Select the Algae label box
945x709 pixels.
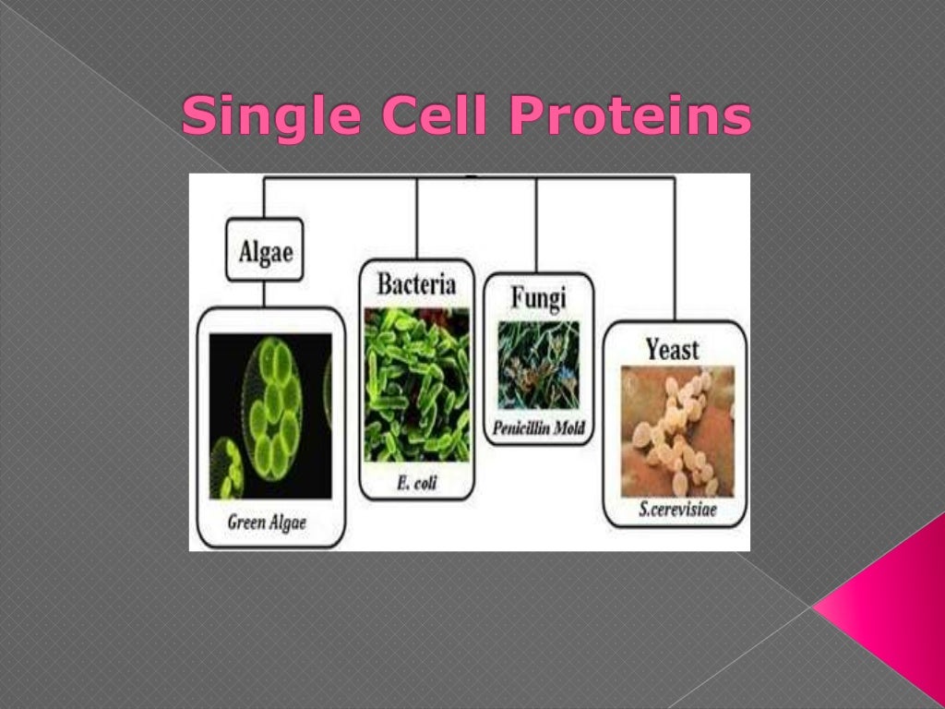pyautogui.click(x=264, y=250)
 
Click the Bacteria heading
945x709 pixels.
pyautogui.click(x=416, y=284)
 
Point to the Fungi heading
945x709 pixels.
pyautogui.click(x=538, y=298)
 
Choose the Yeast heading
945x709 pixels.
pyautogui.click(x=673, y=348)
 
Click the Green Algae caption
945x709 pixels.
pyautogui.click(x=267, y=523)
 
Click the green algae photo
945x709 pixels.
pyautogui.click(x=269, y=415)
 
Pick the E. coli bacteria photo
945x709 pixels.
pyautogui.click(x=416, y=385)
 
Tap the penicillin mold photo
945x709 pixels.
pyautogui.click(x=539, y=366)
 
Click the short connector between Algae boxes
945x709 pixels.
pyautogui.click(x=264, y=294)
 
